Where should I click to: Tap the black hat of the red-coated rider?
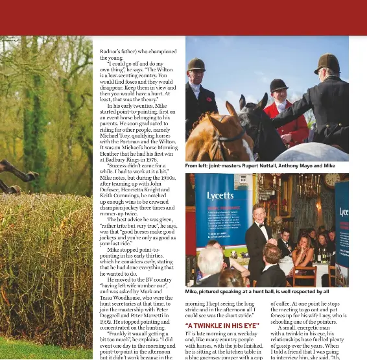(279, 85)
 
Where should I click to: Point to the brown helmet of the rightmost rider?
(327, 62)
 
